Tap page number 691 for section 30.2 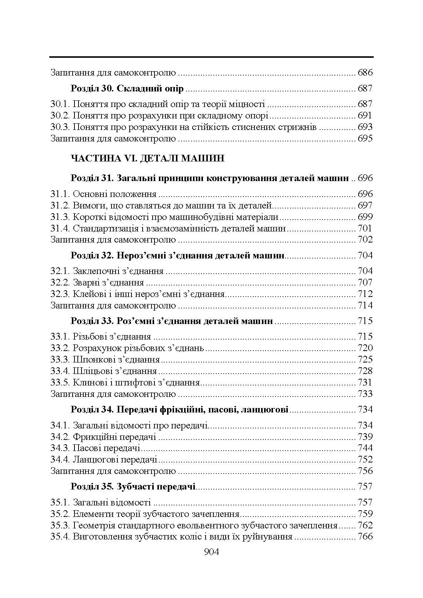(x=364, y=116)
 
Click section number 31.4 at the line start (x=60, y=228)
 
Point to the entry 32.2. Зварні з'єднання (x=97, y=283)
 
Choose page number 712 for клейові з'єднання (x=365, y=294)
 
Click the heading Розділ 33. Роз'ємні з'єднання (x=171, y=321)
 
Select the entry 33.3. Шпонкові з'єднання (x=105, y=360)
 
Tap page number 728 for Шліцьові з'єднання (x=365, y=371)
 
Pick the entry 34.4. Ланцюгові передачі (x=104, y=460)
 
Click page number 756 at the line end (x=365, y=471)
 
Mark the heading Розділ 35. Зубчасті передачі (x=133, y=487)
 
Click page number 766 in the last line (x=365, y=537)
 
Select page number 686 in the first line (x=365, y=73)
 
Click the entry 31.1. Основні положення (x=103, y=194)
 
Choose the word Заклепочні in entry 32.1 (x=95, y=271)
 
